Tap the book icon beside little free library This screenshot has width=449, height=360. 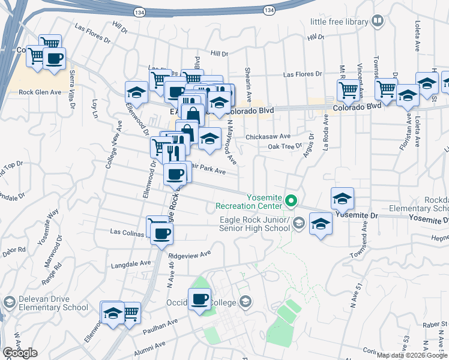378,22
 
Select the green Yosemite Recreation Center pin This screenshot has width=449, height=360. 292,200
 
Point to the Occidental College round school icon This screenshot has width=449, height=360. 244,301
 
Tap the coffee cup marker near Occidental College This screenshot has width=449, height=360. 200,299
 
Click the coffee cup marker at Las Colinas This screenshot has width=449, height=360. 160,233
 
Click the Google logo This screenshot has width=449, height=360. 20,352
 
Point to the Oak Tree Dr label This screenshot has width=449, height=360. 285,146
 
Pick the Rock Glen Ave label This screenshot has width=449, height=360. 40,92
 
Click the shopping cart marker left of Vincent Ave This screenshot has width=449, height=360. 348,90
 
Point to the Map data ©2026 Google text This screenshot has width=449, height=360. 412,355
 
